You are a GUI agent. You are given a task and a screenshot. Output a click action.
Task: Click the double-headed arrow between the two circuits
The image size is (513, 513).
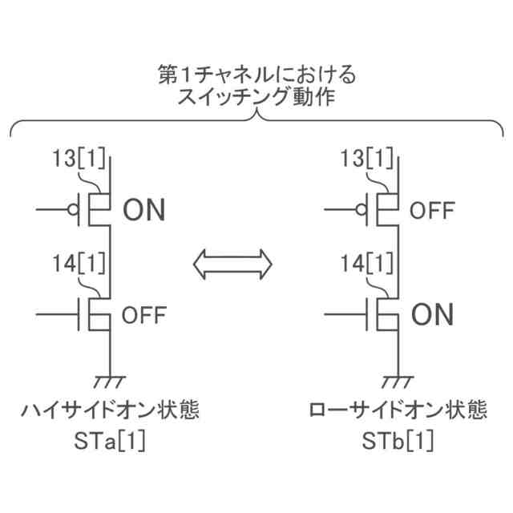pos(233,262)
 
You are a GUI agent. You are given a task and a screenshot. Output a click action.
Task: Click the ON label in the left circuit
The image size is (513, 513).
pos(144,211)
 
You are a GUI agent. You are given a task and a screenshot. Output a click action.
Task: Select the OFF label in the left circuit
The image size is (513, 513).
pos(144,315)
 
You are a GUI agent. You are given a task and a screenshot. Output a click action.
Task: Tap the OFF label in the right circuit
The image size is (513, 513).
pos(433,211)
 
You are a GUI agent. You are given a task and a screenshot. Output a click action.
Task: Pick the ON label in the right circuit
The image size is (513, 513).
pos(433,315)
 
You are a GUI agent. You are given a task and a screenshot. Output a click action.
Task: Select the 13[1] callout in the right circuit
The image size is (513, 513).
pos(367,159)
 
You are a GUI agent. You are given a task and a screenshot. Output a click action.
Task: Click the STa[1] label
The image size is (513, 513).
pos(110,442)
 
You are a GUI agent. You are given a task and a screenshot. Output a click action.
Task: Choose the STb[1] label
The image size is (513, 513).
pos(398,442)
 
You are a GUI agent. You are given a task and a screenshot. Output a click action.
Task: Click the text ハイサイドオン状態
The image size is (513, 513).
pos(110,412)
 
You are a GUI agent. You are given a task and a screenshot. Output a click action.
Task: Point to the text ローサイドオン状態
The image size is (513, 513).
pos(398,412)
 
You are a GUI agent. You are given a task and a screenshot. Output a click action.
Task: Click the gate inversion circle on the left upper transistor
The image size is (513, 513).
pos(74,211)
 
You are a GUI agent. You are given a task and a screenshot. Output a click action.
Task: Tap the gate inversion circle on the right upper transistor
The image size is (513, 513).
pos(362,211)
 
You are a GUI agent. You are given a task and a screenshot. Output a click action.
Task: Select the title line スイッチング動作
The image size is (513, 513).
pos(256,100)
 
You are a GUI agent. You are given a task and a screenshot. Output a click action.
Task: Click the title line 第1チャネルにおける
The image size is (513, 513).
pos(256,76)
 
